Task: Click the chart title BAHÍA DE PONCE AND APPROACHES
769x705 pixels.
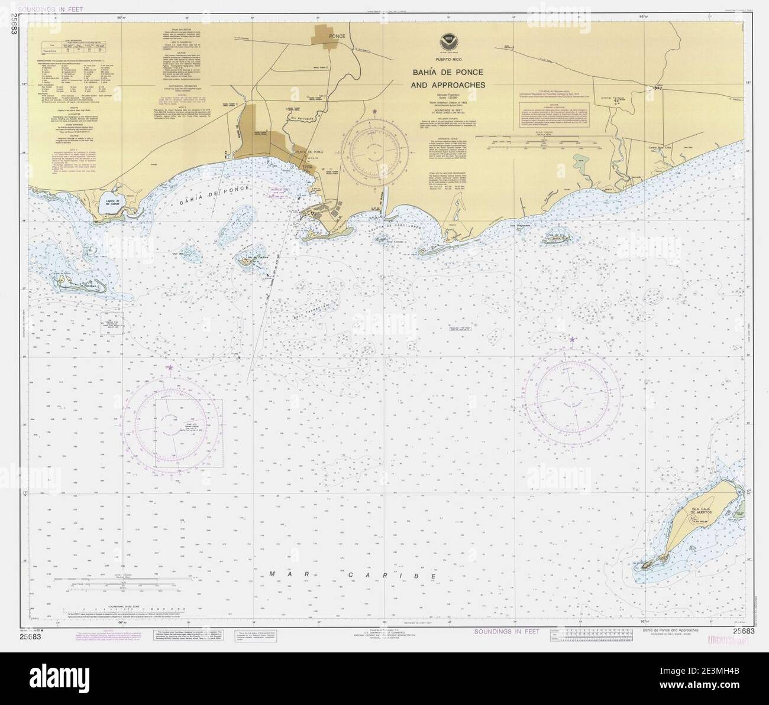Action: coord(448,79)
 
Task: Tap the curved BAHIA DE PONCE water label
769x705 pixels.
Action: coord(212,195)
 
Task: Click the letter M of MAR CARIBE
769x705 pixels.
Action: coord(273,574)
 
